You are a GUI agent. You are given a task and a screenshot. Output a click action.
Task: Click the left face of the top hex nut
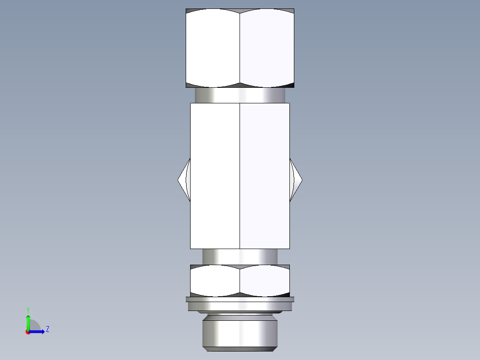(213, 48)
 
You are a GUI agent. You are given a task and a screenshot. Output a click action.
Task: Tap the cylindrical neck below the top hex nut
(240, 95)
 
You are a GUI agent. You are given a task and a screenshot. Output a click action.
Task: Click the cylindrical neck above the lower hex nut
(240, 257)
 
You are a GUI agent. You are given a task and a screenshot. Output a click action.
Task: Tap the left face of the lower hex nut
(215, 281)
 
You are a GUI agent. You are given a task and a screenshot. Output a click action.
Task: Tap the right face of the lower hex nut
(265, 281)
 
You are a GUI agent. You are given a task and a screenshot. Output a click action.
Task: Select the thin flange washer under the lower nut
(240, 304)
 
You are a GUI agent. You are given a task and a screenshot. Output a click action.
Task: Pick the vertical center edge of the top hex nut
(240, 48)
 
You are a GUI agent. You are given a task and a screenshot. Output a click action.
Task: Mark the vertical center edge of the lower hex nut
(240, 281)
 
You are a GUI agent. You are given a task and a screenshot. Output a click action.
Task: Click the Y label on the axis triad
(28, 309)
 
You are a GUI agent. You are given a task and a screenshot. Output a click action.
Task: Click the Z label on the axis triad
(47, 329)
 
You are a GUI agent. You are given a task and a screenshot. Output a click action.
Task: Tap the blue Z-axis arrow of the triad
(38, 331)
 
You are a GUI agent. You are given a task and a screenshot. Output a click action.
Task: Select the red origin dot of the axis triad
(28, 332)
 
